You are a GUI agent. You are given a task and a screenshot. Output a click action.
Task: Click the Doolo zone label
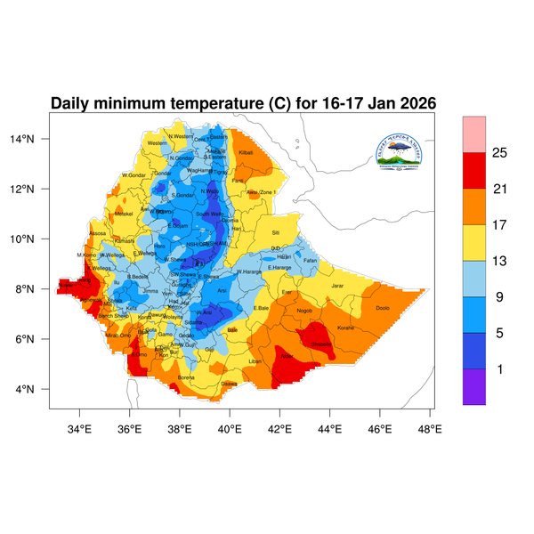click(x=383, y=308)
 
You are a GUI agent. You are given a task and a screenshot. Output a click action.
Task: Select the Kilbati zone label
click(x=247, y=153)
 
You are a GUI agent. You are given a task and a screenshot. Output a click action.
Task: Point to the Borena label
click(x=187, y=377)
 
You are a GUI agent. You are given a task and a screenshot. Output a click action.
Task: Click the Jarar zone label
click(x=337, y=286)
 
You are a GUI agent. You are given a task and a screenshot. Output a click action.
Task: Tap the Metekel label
click(x=124, y=214)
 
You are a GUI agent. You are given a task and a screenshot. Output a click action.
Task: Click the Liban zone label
click(x=255, y=361)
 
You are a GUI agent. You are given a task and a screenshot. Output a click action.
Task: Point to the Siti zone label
click(x=275, y=232)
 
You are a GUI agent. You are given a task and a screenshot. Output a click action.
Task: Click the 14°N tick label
click(x=34, y=139)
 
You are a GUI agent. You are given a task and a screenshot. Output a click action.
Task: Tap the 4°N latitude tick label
click(x=36, y=389)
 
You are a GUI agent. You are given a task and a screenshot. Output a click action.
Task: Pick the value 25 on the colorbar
click(x=499, y=153)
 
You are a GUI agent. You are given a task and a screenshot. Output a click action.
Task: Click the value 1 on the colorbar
click(x=499, y=368)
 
